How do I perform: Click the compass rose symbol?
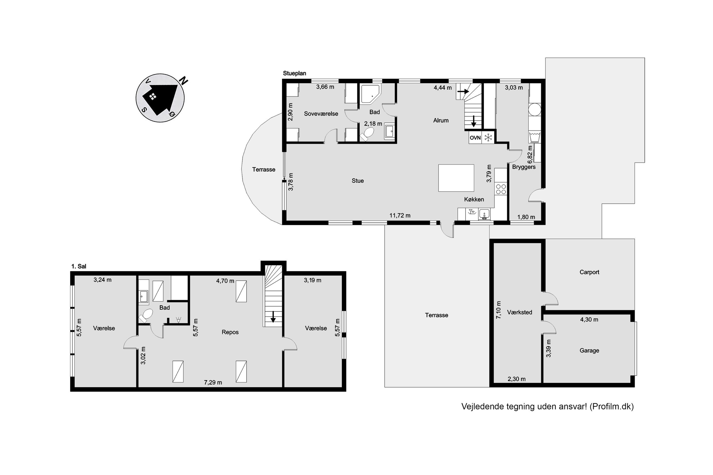(x=160, y=98)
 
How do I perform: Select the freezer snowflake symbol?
(x=488, y=138)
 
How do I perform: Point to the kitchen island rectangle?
(x=456, y=178)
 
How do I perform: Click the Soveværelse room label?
(x=321, y=113)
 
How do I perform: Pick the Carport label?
(x=589, y=272)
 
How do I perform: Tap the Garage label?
(x=589, y=351)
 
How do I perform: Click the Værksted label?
(x=519, y=312)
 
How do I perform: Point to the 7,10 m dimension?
(x=499, y=310)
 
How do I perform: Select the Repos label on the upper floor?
(x=230, y=332)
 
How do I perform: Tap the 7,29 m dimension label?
(x=213, y=382)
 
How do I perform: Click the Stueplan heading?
(x=294, y=73)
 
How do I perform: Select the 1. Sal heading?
(x=78, y=266)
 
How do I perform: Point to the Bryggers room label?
(x=524, y=167)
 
